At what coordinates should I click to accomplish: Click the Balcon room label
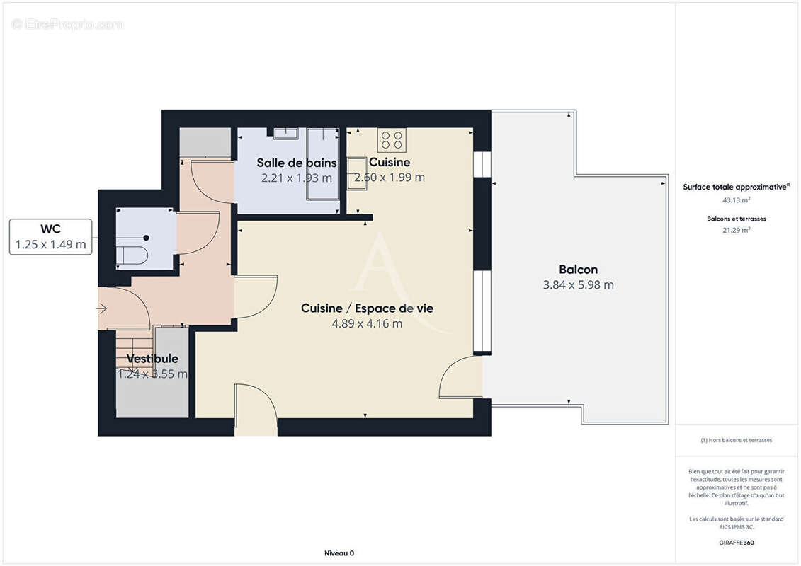(578, 270)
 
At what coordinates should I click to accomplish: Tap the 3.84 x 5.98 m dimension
(578, 285)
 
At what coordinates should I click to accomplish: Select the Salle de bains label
(296, 163)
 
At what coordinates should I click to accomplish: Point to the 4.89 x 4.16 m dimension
(367, 323)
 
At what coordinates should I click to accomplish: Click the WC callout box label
(50, 230)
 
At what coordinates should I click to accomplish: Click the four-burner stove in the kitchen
(392, 140)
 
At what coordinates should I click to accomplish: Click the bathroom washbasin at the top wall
(286, 133)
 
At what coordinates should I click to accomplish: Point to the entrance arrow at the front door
(102, 308)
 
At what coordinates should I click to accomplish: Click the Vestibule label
(152, 359)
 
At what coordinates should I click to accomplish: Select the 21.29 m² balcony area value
(736, 229)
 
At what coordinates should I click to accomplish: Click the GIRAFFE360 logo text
(736, 543)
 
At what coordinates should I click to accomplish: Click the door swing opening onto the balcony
(460, 378)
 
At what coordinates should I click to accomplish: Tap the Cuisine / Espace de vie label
(367, 308)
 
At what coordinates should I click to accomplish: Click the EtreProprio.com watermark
(68, 25)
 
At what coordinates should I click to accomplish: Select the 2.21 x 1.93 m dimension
(296, 178)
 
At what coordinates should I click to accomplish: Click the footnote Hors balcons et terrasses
(737, 440)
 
